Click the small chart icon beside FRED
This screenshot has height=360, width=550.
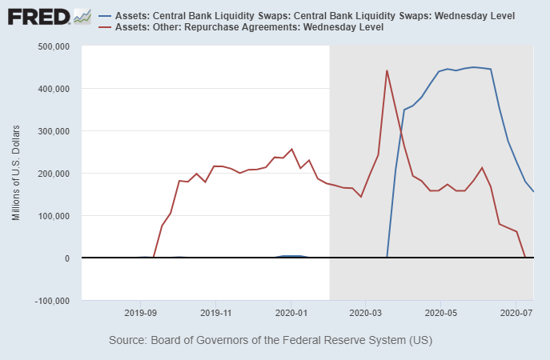point(82,15)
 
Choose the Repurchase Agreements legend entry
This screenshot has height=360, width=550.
point(249,27)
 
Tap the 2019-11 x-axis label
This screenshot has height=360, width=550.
point(215,313)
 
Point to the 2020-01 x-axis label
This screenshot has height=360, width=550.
point(291,313)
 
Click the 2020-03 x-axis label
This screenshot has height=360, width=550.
point(365,313)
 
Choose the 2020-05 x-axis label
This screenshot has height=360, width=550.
point(440,313)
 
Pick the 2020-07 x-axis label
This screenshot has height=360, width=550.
point(516,313)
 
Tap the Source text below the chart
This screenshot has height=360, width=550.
point(271,340)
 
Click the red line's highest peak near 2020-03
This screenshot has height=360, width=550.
point(387,70)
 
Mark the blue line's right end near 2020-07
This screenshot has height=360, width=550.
point(534,191)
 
